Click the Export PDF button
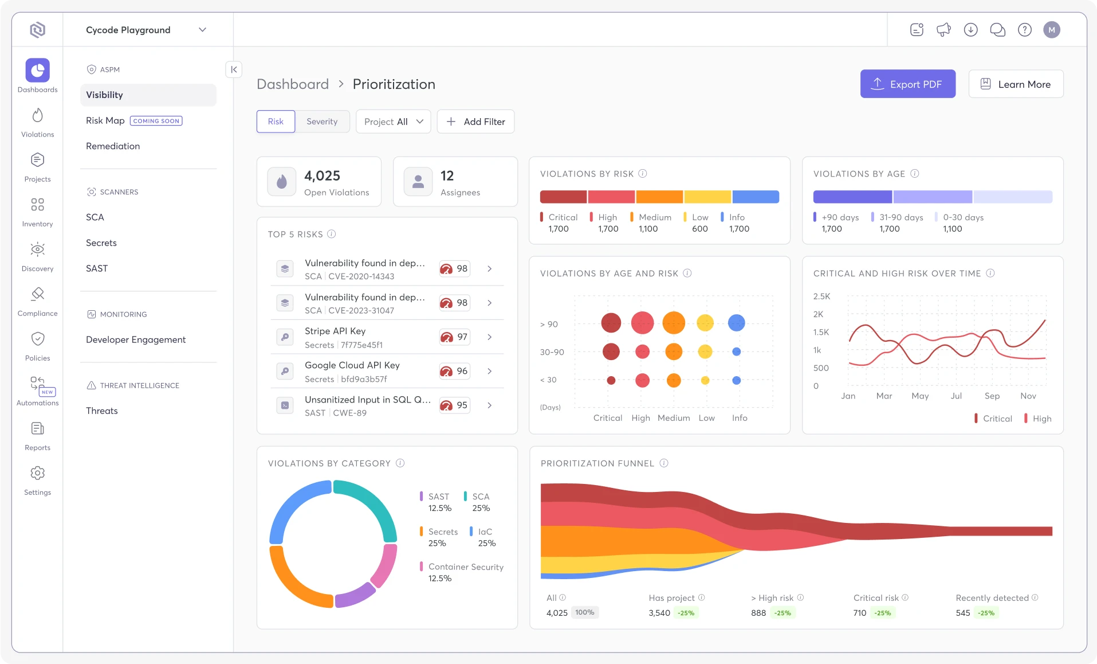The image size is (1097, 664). (x=907, y=84)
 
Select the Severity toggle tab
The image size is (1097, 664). (x=321, y=122)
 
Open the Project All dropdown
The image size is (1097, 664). (x=393, y=122)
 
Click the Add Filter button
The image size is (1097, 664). (x=475, y=122)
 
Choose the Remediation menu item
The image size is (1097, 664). (x=113, y=146)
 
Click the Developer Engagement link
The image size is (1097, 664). (x=136, y=339)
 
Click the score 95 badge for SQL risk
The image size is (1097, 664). (x=455, y=405)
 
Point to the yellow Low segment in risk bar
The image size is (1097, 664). (x=707, y=197)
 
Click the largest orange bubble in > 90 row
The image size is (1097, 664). (x=674, y=323)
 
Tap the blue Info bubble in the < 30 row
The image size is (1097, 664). (x=737, y=380)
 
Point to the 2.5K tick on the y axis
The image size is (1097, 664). (x=821, y=296)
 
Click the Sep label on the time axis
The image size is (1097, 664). (x=992, y=396)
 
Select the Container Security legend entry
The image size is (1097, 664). (x=465, y=567)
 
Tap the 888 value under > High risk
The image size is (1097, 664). (x=758, y=613)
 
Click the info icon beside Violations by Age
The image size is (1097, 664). (x=915, y=174)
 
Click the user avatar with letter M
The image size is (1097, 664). (x=1052, y=30)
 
